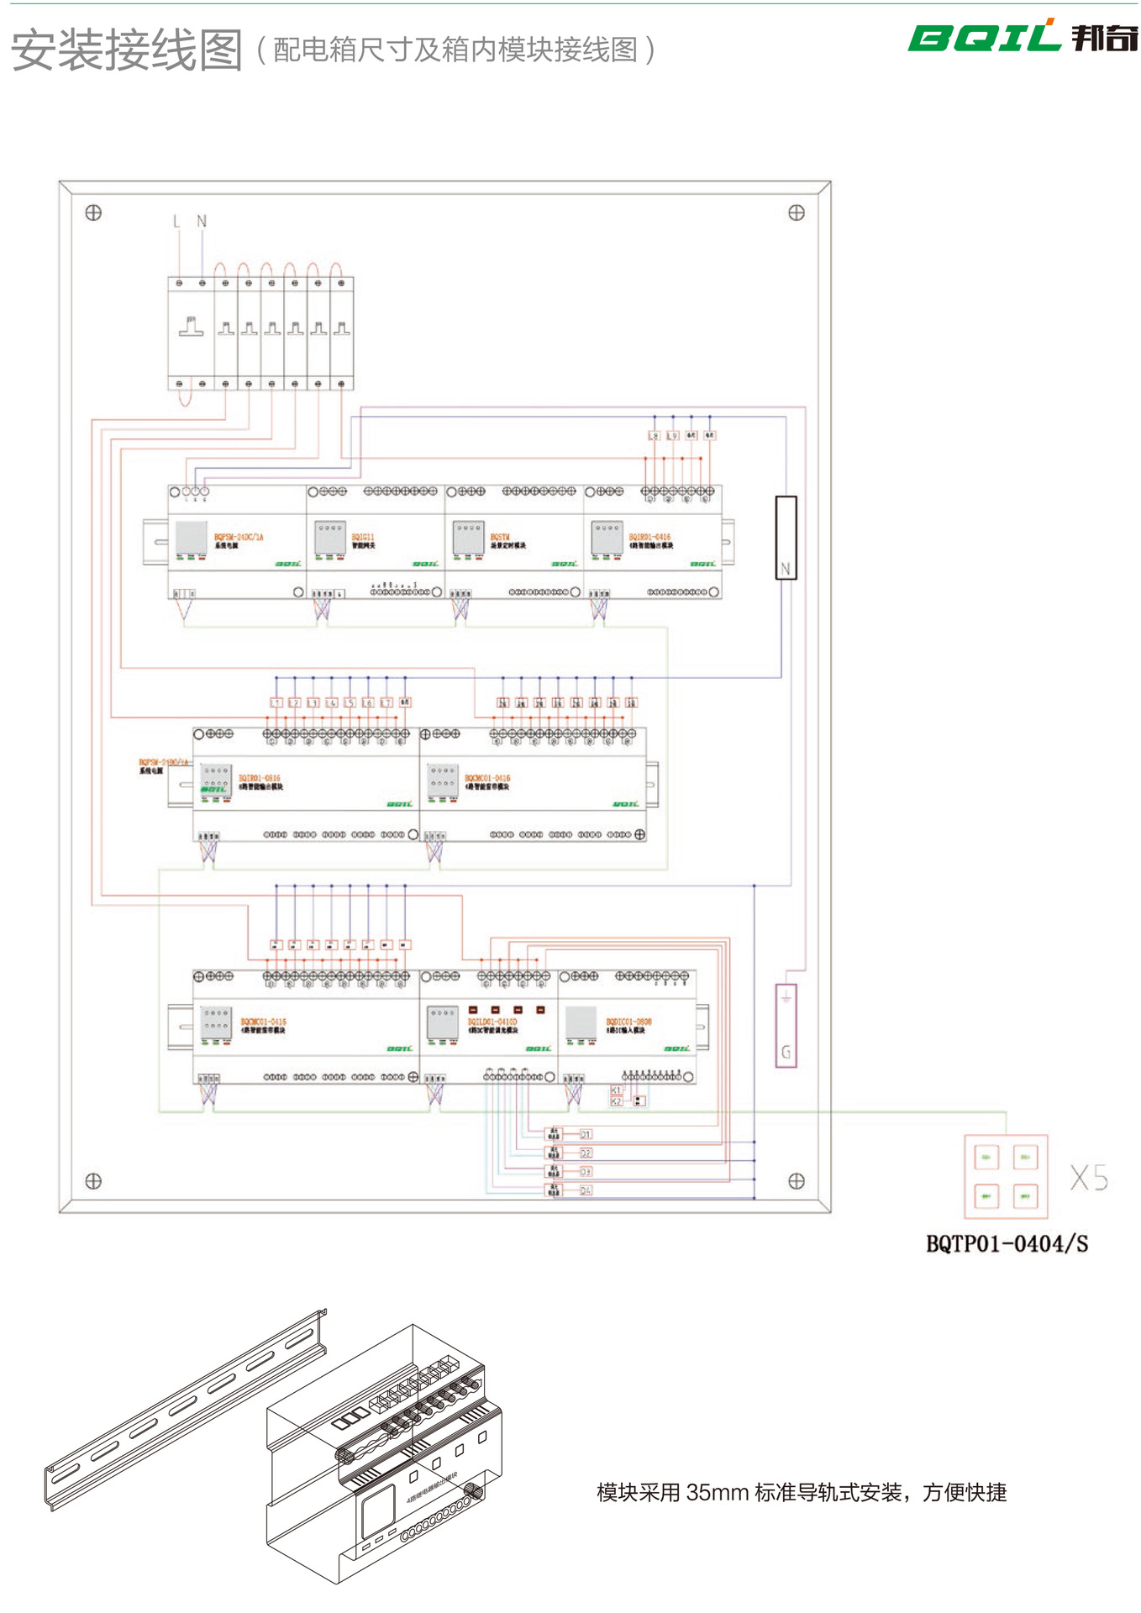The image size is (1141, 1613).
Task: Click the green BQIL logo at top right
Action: [x=983, y=37]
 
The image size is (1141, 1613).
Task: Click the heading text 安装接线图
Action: [x=126, y=50]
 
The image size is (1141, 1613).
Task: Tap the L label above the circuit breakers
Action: [x=176, y=222]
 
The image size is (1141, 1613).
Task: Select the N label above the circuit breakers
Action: [x=202, y=222]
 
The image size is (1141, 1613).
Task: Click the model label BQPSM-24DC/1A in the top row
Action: [x=239, y=537]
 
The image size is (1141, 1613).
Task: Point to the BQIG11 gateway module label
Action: [x=363, y=537]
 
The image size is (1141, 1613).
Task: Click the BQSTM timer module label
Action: [x=500, y=537]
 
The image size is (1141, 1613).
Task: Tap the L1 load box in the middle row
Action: [x=276, y=702]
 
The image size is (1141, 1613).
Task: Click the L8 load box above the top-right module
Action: [x=654, y=436]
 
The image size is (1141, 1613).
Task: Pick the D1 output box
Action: [x=586, y=1134]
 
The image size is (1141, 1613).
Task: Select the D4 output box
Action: [x=586, y=1190]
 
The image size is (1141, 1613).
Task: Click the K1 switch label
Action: [x=616, y=1090]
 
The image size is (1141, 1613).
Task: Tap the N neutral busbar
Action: [x=786, y=538]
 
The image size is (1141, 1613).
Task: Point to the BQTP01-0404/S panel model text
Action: [x=1007, y=1244]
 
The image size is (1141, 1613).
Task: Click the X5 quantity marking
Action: [x=1089, y=1178]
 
